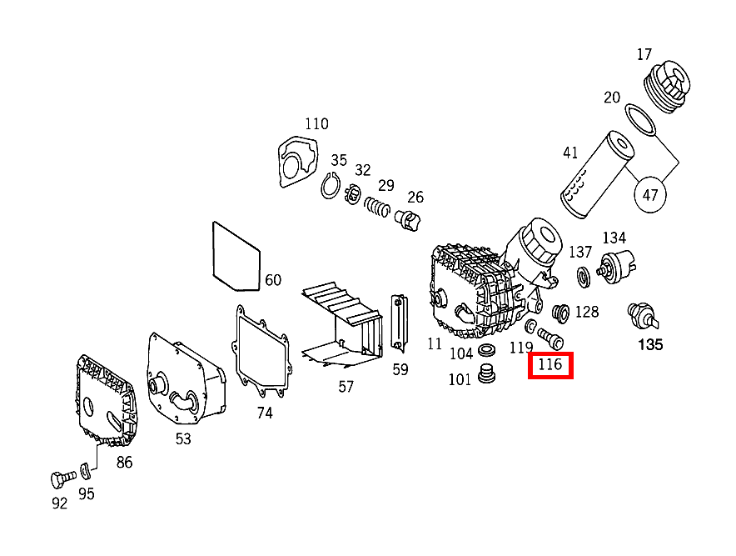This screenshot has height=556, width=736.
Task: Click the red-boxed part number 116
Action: tap(550, 365)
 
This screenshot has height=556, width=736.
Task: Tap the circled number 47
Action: tap(650, 196)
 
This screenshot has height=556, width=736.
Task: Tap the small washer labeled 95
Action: tap(86, 472)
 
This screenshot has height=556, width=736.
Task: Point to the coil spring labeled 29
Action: tap(379, 205)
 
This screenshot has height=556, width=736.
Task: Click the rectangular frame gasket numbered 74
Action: tap(261, 350)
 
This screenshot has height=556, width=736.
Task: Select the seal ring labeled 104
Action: tap(488, 348)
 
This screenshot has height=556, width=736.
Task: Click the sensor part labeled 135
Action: tap(643, 317)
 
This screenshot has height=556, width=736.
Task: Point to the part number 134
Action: tap(614, 239)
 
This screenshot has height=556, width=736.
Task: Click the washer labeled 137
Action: tap(583, 274)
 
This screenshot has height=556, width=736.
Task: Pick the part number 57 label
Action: tap(346, 386)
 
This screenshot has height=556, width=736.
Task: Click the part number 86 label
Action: tap(124, 463)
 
